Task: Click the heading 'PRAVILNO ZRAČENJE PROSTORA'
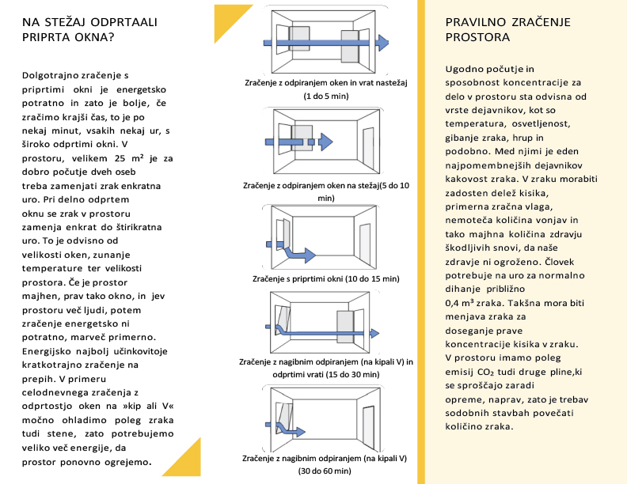click(497, 30)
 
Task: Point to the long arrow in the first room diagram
click(325, 43)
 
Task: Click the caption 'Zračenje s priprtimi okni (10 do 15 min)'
click(325, 279)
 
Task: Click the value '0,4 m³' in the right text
click(464, 302)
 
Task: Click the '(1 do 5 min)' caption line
click(325, 96)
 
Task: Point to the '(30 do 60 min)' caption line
click(325, 471)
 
